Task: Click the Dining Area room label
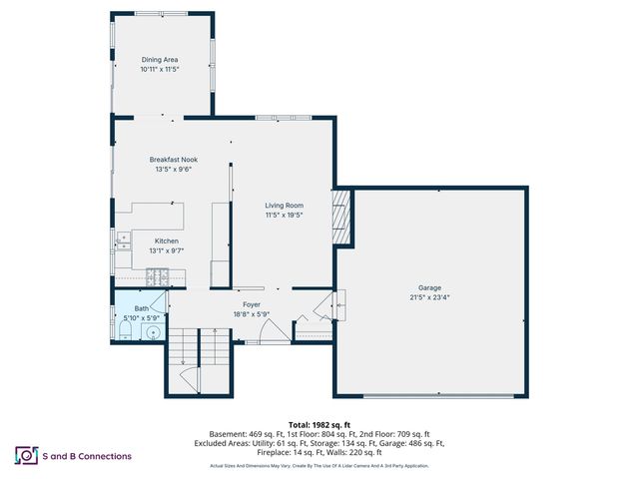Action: click(164, 60)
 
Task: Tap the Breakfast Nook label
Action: click(173, 160)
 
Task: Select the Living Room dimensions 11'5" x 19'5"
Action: click(284, 215)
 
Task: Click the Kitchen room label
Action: click(166, 240)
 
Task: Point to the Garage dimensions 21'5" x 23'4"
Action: click(429, 297)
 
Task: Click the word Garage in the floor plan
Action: click(429, 287)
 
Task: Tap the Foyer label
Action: click(252, 304)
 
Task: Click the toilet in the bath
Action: click(125, 331)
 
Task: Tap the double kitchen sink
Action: click(122, 239)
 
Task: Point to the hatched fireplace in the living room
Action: click(341, 217)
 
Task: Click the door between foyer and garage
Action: click(325, 305)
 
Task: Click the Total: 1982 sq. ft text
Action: click(319, 425)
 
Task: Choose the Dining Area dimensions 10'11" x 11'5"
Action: click(164, 70)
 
